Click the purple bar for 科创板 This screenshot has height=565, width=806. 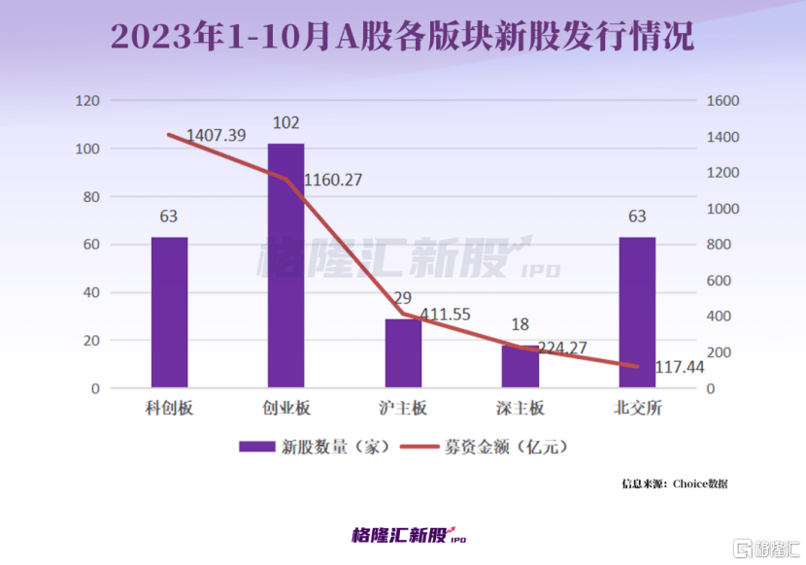[x=169, y=313]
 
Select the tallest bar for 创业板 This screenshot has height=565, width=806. [x=285, y=266]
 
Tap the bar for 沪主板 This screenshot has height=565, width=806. [x=403, y=353]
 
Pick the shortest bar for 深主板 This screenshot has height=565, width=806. [x=520, y=367]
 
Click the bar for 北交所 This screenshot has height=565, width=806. [x=637, y=313]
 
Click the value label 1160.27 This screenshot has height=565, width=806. [x=334, y=181]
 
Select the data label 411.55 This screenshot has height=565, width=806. [x=447, y=316]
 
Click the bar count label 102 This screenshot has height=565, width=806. [x=285, y=123]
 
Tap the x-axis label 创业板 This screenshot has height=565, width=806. [x=285, y=409]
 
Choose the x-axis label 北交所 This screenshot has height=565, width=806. [x=637, y=409]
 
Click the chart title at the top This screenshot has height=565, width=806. [x=402, y=38]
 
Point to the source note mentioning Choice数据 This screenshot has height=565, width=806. [x=675, y=482]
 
